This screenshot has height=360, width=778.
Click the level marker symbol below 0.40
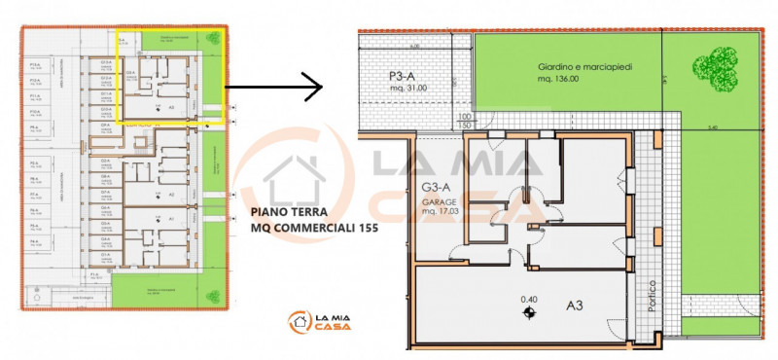pyautogui.click(x=529, y=312)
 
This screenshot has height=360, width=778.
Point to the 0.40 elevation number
pyautogui.click(x=529, y=298)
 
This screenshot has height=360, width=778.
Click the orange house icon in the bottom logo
pyautogui.click(x=298, y=321)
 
